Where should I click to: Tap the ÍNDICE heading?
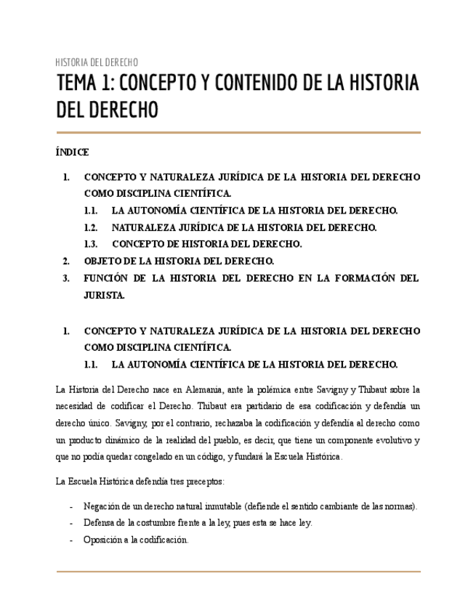tap(72, 153)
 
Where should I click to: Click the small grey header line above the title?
tap(97, 62)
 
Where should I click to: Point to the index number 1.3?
tap(91, 244)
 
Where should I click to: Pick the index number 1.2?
tap(91, 227)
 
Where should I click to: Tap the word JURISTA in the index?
tap(105, 295)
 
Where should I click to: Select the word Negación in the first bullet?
tap(101, 506)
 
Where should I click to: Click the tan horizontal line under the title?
tap(238, 132)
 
